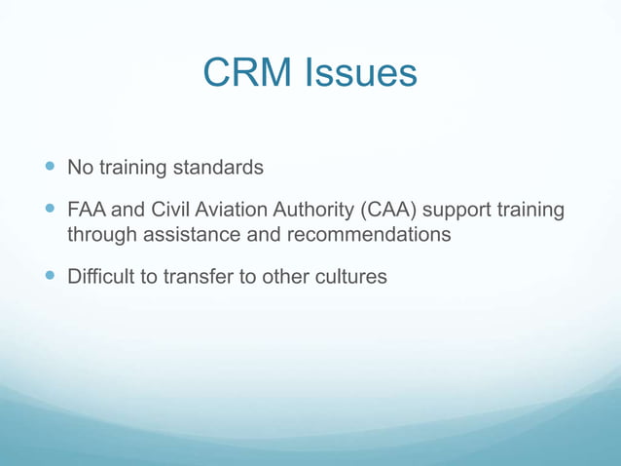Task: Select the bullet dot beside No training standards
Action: (x=51, y=168)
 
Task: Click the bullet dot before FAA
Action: (x=51, y=210)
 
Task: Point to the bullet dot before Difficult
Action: (x=51, y=276)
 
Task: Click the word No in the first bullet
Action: (x=79, y=168)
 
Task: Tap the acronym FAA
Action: (x=87, y=210)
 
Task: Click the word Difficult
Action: (x=102, y=276)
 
